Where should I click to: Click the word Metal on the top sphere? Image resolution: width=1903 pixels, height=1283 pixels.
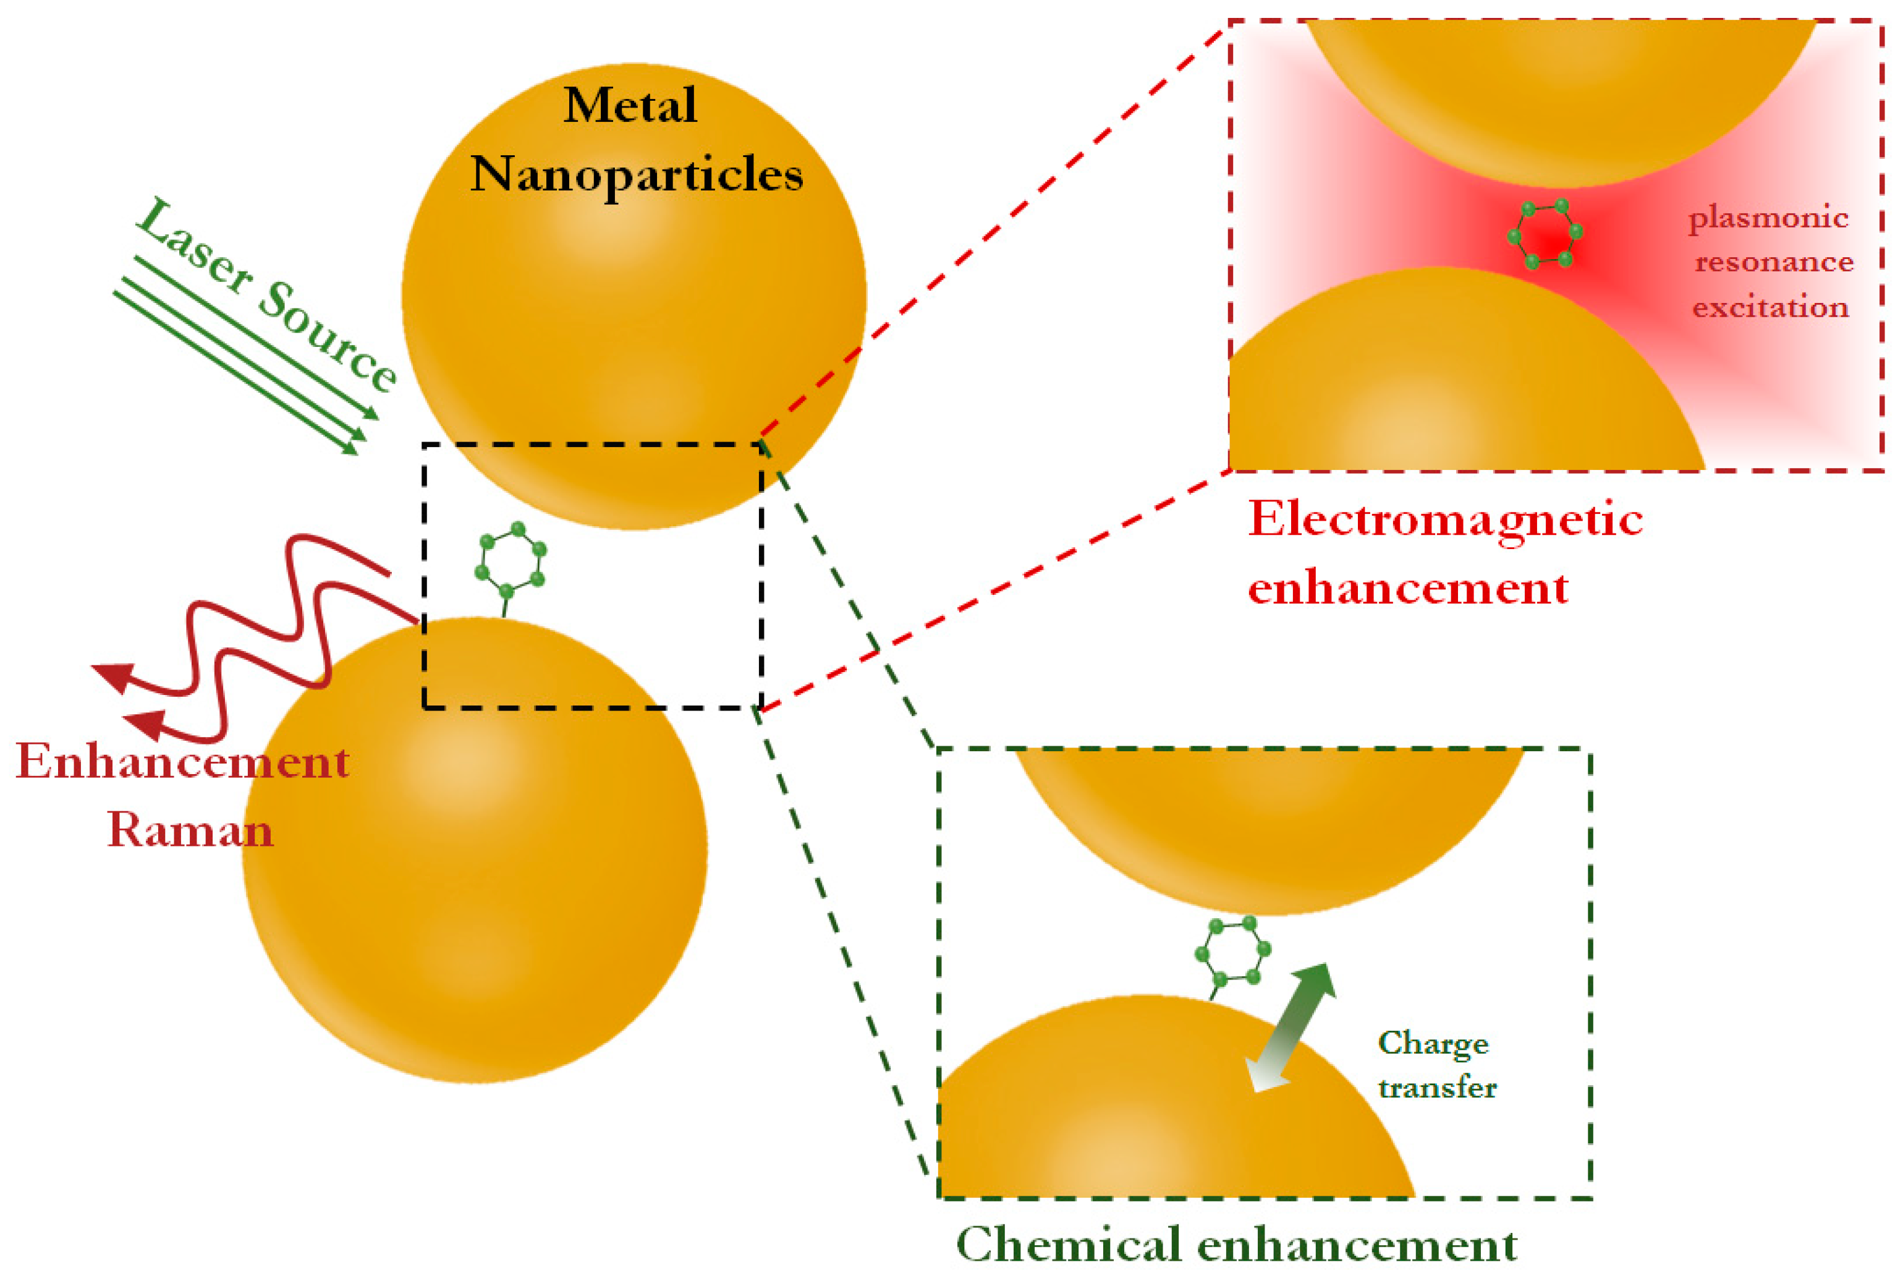coord(630,106)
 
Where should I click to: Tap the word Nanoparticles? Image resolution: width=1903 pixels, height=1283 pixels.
coord(636,175)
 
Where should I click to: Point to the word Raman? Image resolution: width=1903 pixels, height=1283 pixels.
coord(190,830)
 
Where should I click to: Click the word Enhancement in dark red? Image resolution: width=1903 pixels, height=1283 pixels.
coord(183,762)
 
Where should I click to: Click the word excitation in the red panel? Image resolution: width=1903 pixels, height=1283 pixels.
coord(1769,308)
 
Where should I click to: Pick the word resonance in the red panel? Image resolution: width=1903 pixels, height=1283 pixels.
coord(1773,263)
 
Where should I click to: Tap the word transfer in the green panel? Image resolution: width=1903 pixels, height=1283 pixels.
coord(1437,1088)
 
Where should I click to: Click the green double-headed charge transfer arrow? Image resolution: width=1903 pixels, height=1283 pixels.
coord(1290,1028)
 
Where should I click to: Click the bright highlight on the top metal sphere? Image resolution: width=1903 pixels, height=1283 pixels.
coord(609,237)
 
